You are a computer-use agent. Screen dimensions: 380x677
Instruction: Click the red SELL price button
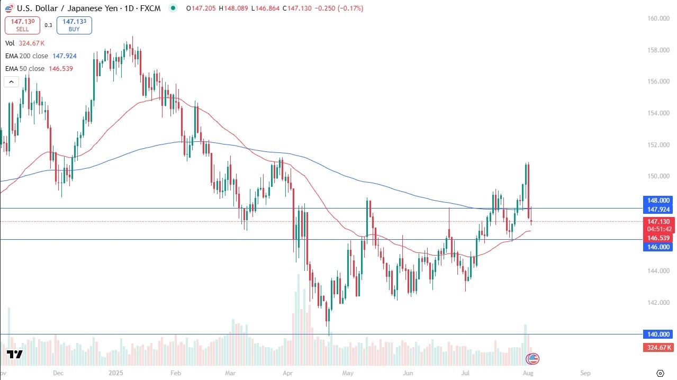click(22, 25)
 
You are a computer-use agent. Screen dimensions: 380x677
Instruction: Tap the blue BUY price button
click(74, 25)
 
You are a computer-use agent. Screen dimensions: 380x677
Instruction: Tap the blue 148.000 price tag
click(658, 201)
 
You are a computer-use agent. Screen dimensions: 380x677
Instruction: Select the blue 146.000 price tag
click(658, 247)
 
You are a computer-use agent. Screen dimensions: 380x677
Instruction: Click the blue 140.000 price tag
click(658, 334)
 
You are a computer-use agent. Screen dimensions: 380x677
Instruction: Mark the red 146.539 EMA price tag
click(658, 239)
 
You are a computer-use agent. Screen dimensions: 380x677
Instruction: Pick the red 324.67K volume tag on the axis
click(658, 348)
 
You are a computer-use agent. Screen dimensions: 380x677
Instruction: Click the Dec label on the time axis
click(58, 373)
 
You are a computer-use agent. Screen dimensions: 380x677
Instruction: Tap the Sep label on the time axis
click(584, 373)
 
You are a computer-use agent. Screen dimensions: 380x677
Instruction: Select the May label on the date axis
click(347, 373)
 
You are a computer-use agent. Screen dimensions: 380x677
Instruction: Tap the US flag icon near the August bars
click(532, 359)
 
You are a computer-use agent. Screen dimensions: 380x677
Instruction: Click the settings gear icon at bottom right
click(660, 373)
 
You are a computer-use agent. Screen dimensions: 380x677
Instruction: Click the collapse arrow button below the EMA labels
click(12, 82)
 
